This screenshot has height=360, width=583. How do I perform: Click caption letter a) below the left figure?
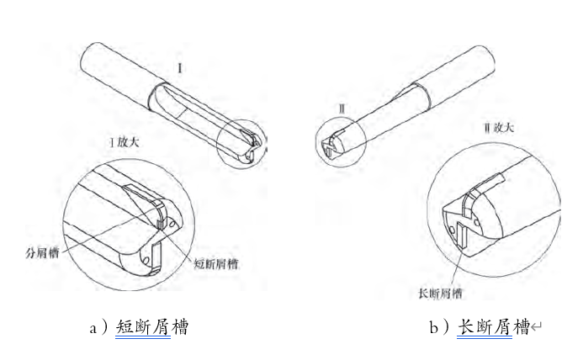point(99,327)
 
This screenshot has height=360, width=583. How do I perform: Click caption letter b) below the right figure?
point(439,327)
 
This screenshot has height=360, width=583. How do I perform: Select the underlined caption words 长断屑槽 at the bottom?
point(493,327)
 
